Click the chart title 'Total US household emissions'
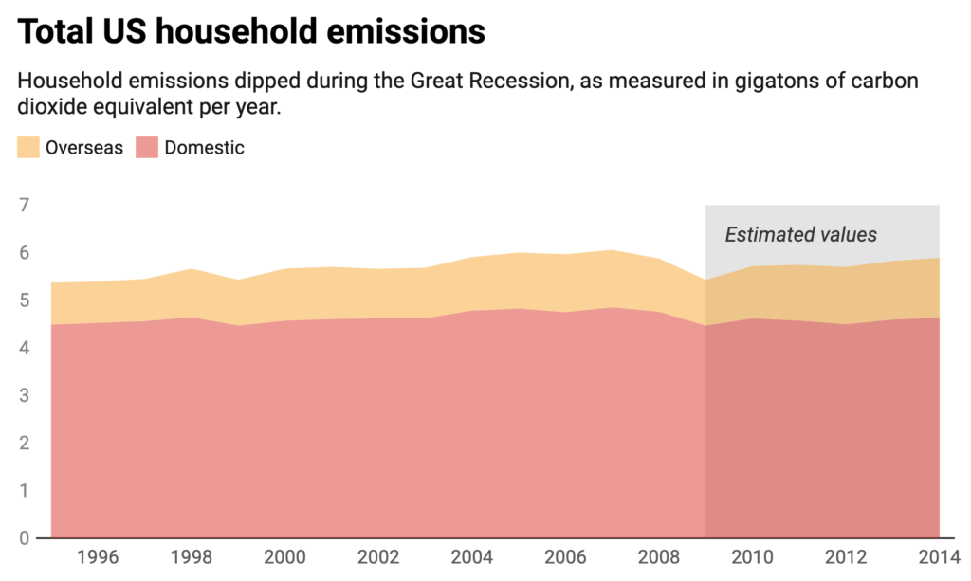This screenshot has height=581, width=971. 251,32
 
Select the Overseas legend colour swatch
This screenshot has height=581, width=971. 28,147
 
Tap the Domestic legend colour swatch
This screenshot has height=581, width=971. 147,147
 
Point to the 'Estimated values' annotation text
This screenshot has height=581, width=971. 801,235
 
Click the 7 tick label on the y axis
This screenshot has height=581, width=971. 25,206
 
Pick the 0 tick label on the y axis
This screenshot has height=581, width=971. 25,538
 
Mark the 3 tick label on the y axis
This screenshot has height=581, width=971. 25,396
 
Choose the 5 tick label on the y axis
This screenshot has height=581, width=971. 25,301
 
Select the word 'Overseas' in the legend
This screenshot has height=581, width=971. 84,147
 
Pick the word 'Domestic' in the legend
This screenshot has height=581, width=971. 204,147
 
